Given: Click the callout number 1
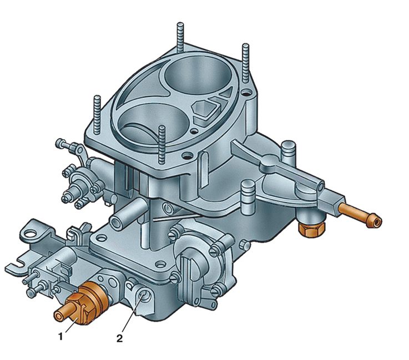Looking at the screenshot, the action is [x=60, y=337].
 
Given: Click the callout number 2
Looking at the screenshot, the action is [x=119, y=338].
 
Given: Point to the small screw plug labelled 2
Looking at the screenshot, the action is [x=143, y=296].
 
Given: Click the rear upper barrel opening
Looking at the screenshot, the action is [x=198, y=75].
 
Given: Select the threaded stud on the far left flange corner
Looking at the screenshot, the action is [x=97, y=115].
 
